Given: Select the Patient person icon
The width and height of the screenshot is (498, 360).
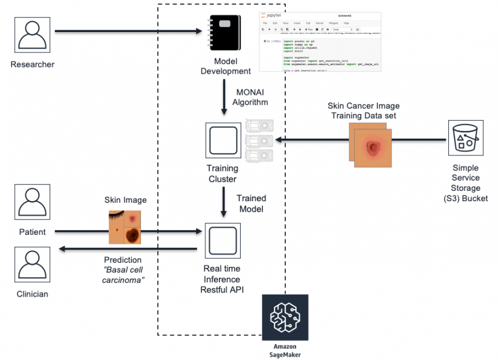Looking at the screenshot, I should click(x=32, y=203).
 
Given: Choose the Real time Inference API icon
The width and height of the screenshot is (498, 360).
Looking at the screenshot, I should click(x=222, y=241).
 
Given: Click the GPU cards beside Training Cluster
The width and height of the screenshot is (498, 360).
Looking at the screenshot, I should click(x=259, y=141).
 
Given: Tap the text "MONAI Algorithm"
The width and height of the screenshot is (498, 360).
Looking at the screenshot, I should click(x=249, y=97).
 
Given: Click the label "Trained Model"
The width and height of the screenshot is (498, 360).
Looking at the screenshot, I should click(x=251, y=203).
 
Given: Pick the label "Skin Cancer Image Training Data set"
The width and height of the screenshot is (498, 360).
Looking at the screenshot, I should click(x=363, y=111).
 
